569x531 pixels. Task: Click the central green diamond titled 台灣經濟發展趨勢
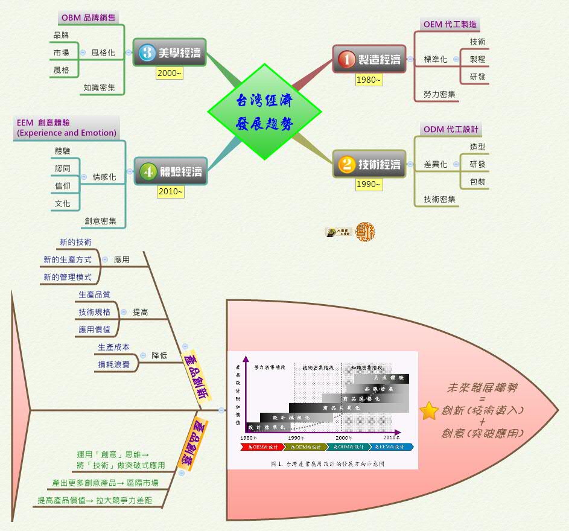click(264, 112)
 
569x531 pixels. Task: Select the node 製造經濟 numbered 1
click(369, 59)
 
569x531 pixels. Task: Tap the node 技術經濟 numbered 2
click(369, 164)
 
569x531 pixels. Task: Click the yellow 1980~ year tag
click(368, 80)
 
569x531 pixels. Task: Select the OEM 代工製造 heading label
click(450, 24)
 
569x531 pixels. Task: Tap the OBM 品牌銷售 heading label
click(88, 17)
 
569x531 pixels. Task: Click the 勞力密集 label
click(439, 94)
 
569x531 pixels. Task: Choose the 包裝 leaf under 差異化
click(477, 182)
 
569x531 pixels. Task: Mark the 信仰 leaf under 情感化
click(62, 186)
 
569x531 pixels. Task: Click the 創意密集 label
click(100, 221)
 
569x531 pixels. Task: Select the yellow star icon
click(429, 411)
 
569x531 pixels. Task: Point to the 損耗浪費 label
click(114, 364)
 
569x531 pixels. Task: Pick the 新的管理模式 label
click(67, 277)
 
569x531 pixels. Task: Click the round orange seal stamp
click(365, 231)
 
